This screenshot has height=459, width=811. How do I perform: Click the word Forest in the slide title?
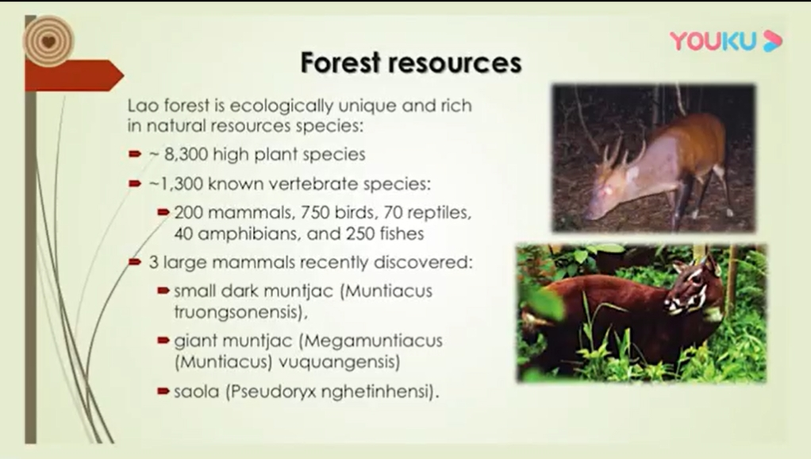[341, 63]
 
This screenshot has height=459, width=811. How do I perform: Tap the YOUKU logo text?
[713, 41]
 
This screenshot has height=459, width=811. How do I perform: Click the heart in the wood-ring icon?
[48, 41]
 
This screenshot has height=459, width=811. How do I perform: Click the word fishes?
[402, 234]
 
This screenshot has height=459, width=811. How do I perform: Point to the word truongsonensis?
[238, 313]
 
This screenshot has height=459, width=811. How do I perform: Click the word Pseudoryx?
[271, 391]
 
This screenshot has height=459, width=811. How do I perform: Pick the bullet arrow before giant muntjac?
[163, 341]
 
